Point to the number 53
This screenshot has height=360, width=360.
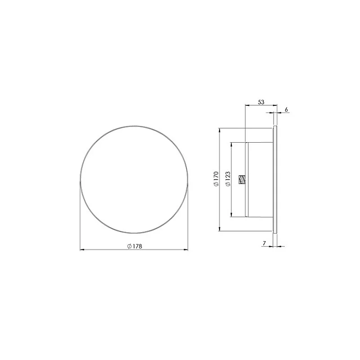coord(261,102)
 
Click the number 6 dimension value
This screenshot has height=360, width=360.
coord(286,110)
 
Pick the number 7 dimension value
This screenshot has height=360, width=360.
coord(265,243)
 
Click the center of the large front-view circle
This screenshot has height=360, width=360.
coord(134,180)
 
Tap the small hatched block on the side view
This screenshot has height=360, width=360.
coord(242,180)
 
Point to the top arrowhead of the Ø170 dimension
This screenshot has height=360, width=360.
coord(220,130)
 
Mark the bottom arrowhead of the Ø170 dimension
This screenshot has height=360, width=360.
coord(220,230)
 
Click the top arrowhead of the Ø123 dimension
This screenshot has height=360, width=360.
coord(231,144)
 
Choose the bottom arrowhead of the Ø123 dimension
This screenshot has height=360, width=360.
coord(231,215)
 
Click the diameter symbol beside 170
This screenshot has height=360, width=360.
coord(216,186)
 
